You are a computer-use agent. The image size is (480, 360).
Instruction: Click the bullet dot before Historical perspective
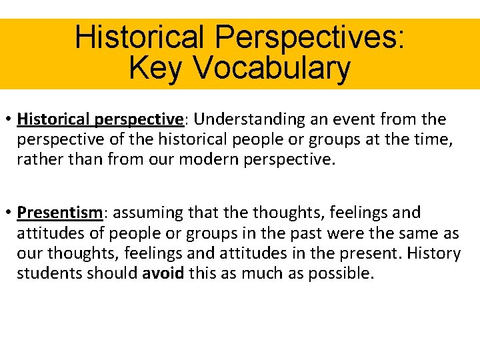(x=9, y=120)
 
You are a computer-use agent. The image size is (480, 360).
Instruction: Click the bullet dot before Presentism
(x=9, y=213)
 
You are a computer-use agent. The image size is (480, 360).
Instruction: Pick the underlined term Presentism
(x=60, y=213)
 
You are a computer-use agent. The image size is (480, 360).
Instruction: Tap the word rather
(x=37, y=161)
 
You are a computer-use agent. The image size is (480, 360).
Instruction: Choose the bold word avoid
(x=164, y=273)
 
